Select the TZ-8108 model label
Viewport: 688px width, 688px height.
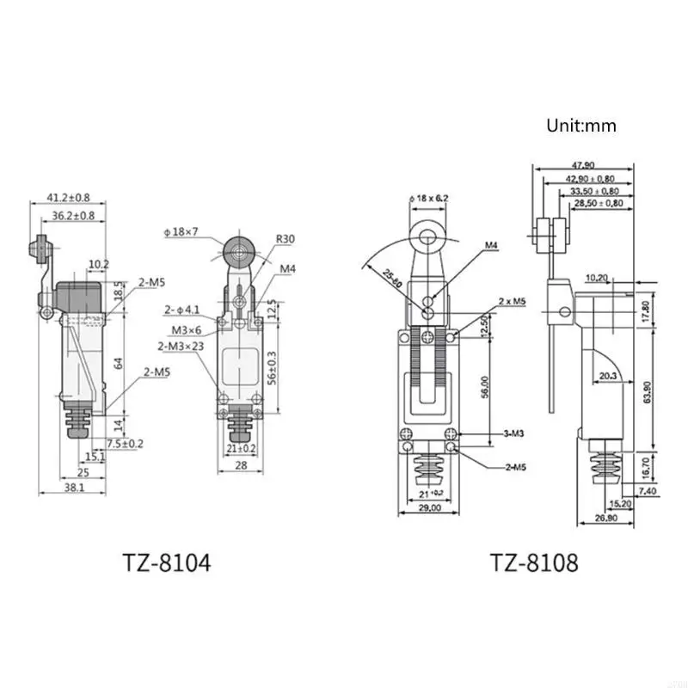pyautogui.click(x=534, y=563)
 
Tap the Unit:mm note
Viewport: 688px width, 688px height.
pyautogui.click(x=581, y=126)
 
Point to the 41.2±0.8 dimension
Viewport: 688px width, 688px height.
pyautogui.click(x=61, y=197)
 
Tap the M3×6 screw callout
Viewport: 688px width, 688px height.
pyautogui.click(x=185, y=330)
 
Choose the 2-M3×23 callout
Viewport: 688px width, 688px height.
pyautogui.click(x=181, y=346)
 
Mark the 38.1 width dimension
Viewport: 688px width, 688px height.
pyautogui.click(x=73, y=487)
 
